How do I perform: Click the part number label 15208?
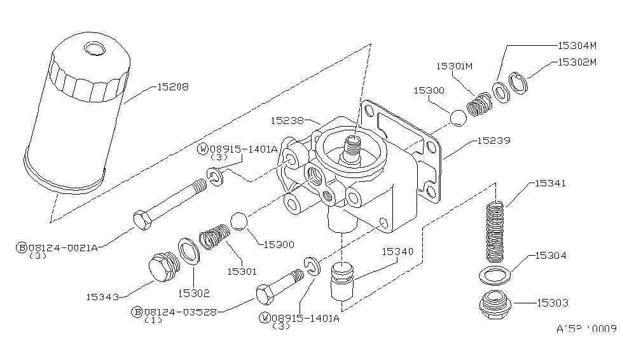click(172, 86)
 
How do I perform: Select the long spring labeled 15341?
click(495, 232)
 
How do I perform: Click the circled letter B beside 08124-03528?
click(137, 312)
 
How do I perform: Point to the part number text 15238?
click(287, 120)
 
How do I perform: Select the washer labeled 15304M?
click(501, 93)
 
